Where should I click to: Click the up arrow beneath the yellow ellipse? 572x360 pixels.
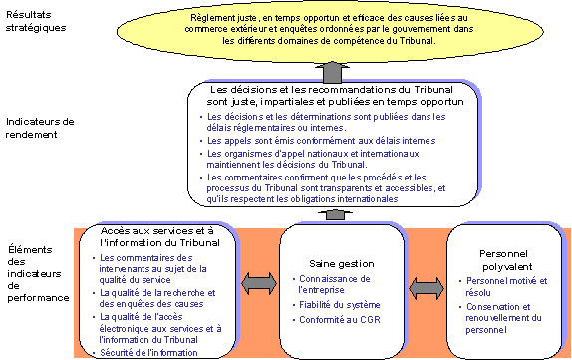tap(333, 72)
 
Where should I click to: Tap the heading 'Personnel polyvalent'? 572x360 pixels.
tap(501, 256)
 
